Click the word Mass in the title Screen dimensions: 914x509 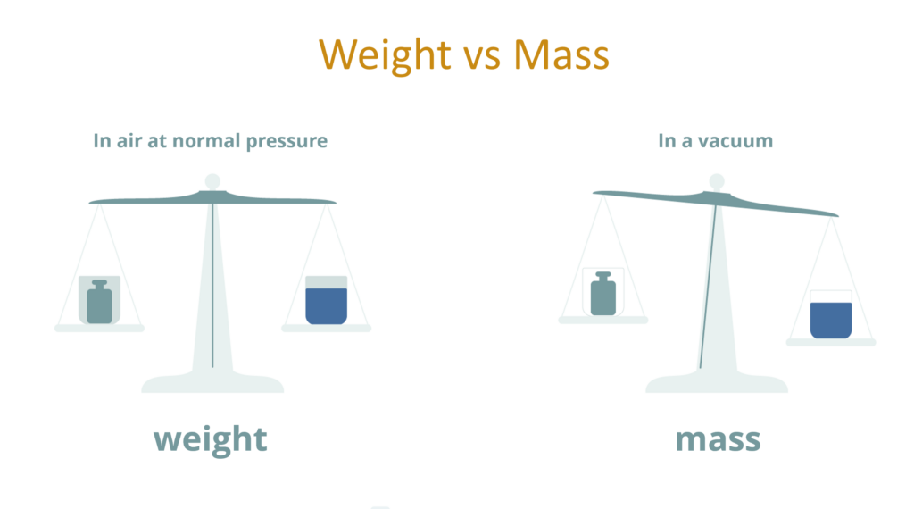(x=561, y=54)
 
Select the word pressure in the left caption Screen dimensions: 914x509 (x=287, y=142)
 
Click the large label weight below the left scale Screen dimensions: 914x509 (x=211, y=440)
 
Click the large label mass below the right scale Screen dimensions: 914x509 (x=719, y=440)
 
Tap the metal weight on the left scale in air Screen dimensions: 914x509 (x=100, y=302)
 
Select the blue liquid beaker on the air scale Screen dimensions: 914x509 (x=327, y=300)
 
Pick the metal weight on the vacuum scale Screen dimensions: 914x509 (x=603, y=293)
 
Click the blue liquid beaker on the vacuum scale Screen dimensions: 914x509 (x=831, y=314)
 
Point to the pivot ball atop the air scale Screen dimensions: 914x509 (x=212, y=181)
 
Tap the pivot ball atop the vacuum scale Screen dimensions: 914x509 (x=717, y=181)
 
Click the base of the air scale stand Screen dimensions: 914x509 (x=212, y=383)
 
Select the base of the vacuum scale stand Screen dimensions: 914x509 (x=717, y=383)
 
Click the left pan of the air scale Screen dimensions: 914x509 (x=100, y=329)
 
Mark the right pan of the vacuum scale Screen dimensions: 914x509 (x=831, y=342)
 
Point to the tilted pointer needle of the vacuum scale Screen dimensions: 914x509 (x=708, y=287)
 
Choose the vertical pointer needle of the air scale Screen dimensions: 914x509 (x=212, y=286)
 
